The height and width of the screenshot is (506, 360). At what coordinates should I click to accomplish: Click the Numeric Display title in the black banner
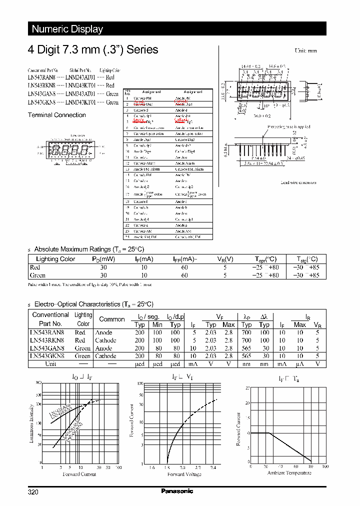pos(67,29)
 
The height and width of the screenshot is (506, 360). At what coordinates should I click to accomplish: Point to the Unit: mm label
pos(305,51)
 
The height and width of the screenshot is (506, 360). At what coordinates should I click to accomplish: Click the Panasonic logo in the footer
pos(177,491)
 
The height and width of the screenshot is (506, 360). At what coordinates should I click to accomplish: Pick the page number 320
pos(33,492)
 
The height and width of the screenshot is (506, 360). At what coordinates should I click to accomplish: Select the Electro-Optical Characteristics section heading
pos(93,304)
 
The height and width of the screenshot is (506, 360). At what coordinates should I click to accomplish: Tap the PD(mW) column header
pos(103,259)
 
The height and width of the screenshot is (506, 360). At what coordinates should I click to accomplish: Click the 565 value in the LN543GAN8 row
pos(246,348)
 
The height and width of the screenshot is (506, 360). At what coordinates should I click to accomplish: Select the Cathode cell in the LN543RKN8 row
pos(105,340)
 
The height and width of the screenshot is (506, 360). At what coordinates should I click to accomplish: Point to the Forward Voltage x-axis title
pos(184,474)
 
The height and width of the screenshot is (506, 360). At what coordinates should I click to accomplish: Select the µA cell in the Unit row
pos(299,364)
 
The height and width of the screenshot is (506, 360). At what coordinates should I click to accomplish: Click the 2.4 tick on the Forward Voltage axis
pos(213,467)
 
